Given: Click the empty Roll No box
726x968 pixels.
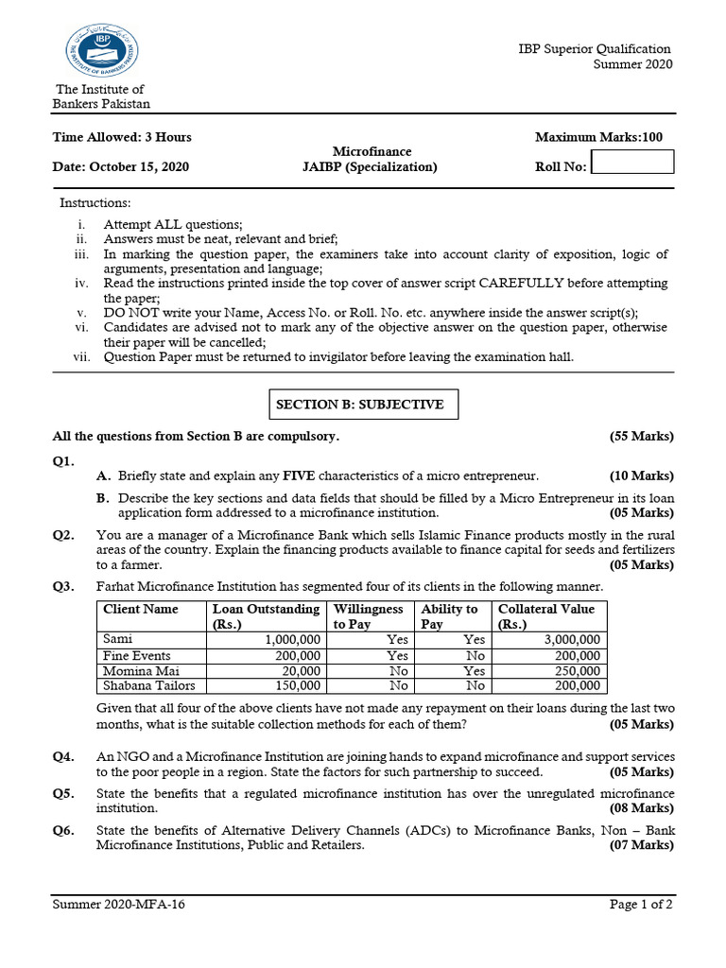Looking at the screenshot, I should (x=632, y=163).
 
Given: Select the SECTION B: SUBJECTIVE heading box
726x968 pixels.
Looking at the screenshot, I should (x=359, y=405).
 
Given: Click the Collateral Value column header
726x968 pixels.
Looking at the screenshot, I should (x=548, y=616).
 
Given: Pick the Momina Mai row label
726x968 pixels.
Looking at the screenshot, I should (x=137, y=670).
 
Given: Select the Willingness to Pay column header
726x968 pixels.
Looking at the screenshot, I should (x=369, y=616).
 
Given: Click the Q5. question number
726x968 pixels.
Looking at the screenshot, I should (x=63, y=794).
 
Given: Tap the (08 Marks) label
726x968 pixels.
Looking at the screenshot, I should (x=642, y=809).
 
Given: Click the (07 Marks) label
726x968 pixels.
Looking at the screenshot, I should (x=642, y=845).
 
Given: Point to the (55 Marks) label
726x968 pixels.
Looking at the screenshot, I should (x=642, y=436).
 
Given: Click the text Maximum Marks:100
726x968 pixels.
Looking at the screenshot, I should (x=598, y=137).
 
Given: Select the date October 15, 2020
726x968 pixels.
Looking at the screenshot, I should (x=139, y=167).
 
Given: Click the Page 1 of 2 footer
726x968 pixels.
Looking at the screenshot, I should (x=641, y=905).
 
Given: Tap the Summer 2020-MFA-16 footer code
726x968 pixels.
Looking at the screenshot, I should (x=119, y=905).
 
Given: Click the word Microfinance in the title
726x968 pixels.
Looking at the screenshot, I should (x=372, y=151).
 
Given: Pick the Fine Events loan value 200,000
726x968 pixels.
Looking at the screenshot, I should (x=298, y=655).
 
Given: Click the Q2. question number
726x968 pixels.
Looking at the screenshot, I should (x=63, y=535).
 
